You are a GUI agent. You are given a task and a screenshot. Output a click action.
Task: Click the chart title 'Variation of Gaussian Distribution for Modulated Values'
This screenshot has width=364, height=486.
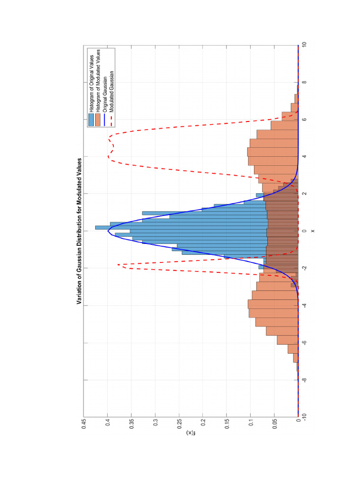tap(79, 231)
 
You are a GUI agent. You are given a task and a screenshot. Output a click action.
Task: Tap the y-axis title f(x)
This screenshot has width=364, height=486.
tap(190, 433)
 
